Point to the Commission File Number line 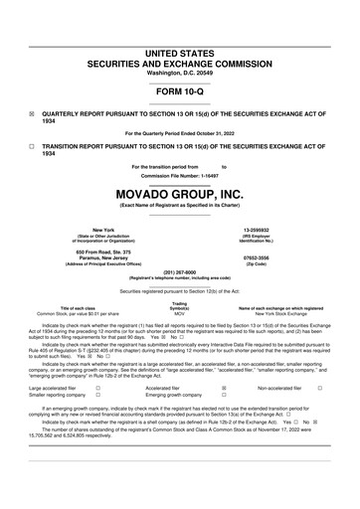(179, 176)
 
